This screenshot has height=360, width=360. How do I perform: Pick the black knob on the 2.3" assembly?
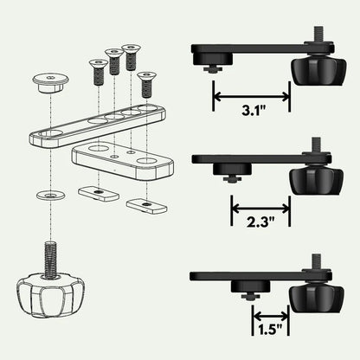309,180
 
